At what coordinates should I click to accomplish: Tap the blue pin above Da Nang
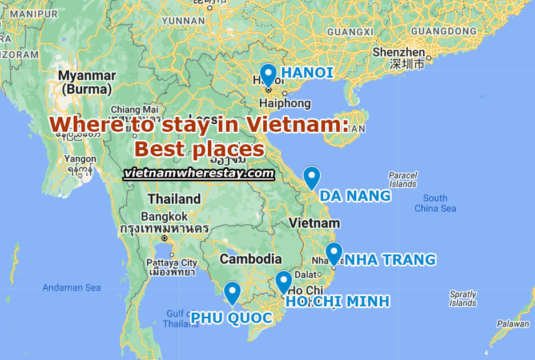pyautogui.click(x=311, y=177)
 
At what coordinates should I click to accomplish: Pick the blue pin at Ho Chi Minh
pyautogui.click(x=283, y=281)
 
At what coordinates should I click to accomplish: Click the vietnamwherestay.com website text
pyautogui.click(x=199, y=173)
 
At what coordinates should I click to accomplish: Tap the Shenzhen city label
pyautogui.click(x=399, y=52)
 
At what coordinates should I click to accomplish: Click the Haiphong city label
pyautogui.click(x=284, y=103)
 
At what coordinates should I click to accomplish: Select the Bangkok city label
pyautogui.click(x=164, y=217)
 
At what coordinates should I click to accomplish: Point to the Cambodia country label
pyautogui.click(x=251, y=259)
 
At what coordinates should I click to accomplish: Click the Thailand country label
pyautogui.click(x=174, y=199)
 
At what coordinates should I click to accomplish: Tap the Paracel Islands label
pyautogui.click(x=403, y=180)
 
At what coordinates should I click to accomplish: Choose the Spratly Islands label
pyautogui.click(x=462, y=298)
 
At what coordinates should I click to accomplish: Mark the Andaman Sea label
pyautogui.click(x=71, y=288)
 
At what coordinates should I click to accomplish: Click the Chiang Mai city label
pyautogui.click(x=134, y=110)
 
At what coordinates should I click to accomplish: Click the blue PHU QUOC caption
pyautogui.click(x=231, y=317)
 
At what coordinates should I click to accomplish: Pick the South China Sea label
pyautogui.click(x=435, y=203)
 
